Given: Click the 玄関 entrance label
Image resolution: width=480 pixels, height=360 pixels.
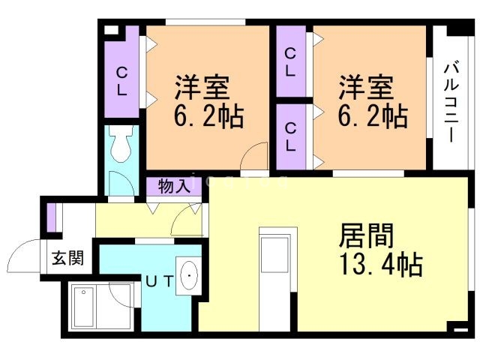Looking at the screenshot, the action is (x=67, y=258).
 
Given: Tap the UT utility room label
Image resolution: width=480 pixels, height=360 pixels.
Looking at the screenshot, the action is (x=160, y=281).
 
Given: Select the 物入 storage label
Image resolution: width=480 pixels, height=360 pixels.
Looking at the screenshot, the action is (x=174, y=186).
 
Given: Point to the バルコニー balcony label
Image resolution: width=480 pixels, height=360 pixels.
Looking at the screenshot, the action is (x=451, y=102).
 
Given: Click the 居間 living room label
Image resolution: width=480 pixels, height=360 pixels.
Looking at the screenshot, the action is (x=366, y=235).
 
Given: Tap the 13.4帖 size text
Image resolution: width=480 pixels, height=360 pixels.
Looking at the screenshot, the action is (x=381, y=264).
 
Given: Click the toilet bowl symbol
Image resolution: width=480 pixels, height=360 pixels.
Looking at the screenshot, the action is (x=121, y=144).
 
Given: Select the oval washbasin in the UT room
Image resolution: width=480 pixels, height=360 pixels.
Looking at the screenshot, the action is (x=189, y=276).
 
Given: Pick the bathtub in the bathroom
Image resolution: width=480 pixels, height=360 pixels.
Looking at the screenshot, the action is (x=83, y=307).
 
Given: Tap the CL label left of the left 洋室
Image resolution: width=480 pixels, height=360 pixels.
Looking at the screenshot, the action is (x=121, y=81).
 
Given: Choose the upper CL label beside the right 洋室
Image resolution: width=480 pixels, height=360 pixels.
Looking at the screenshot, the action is (x=290, y=62).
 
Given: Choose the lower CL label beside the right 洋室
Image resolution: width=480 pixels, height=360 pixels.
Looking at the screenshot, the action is (x=290, y=136).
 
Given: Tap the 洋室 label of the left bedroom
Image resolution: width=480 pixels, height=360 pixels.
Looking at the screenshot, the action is (x=202, y=87).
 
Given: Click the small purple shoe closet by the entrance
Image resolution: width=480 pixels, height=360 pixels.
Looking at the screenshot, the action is (x=51, y=217).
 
